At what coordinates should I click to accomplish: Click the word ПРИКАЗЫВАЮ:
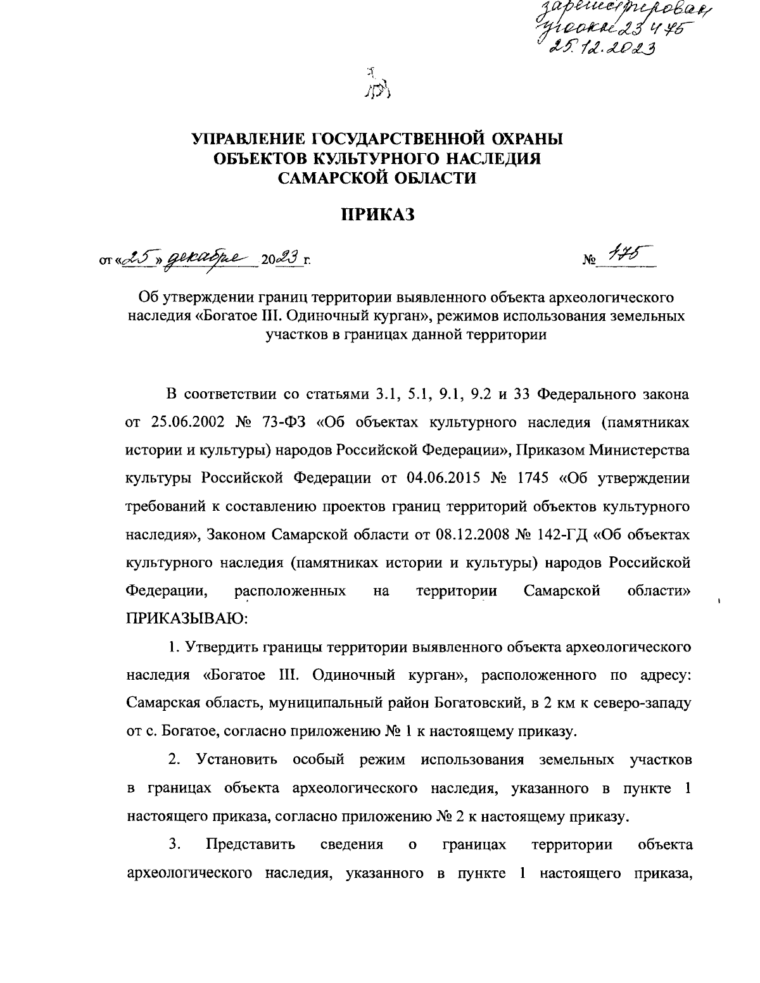(187, 618)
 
